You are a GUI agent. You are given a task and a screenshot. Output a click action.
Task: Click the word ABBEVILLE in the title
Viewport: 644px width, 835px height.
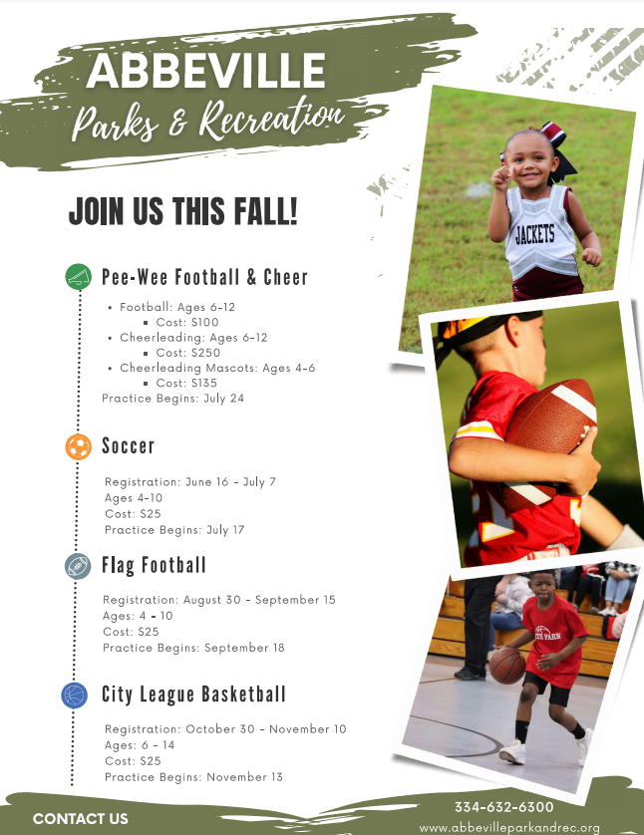[x=205, y=71]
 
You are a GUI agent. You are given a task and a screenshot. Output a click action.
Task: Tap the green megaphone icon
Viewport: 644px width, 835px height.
[x=79, y=276]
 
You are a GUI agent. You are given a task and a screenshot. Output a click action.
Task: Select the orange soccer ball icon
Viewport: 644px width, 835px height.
[x=79, y=446]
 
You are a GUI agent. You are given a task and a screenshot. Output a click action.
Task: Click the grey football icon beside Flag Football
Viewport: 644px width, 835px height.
[x=78, y=566]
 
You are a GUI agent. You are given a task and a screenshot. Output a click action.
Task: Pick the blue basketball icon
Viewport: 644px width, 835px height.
[x=75, y=696]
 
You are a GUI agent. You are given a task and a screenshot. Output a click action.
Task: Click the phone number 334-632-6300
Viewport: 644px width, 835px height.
[x=503, y=807]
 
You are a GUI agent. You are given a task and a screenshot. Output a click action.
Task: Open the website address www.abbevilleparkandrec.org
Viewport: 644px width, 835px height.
[x=509, y=828]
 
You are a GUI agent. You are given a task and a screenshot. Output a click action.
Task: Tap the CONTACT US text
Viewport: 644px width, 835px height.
[x=81, y=818]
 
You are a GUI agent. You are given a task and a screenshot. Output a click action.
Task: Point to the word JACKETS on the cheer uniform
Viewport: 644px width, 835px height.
[x=534, y=235]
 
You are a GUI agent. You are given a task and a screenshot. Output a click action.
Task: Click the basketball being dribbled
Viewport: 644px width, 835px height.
[x=506, y=666]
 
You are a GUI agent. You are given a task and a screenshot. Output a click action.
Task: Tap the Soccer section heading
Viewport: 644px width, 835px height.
[x=129, y=446]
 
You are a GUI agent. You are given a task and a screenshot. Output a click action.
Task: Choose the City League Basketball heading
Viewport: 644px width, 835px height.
[x=193, y=695]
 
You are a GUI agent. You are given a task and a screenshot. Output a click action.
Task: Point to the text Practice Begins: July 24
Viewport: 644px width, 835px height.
[x=172, y=399]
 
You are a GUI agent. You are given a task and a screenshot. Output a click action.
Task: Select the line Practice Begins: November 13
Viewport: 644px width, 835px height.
[x=193, y=777]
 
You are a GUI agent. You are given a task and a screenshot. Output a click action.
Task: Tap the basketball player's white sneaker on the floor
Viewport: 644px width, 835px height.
[x=511, y=752]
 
